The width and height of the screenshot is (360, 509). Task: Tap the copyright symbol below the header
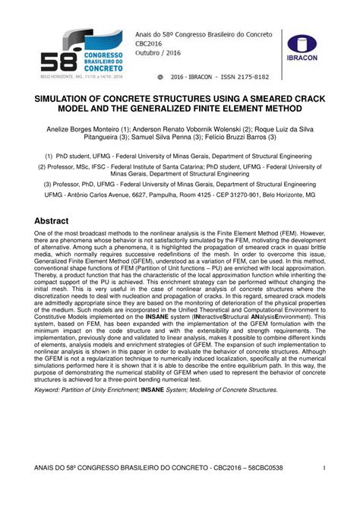[159, 77]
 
